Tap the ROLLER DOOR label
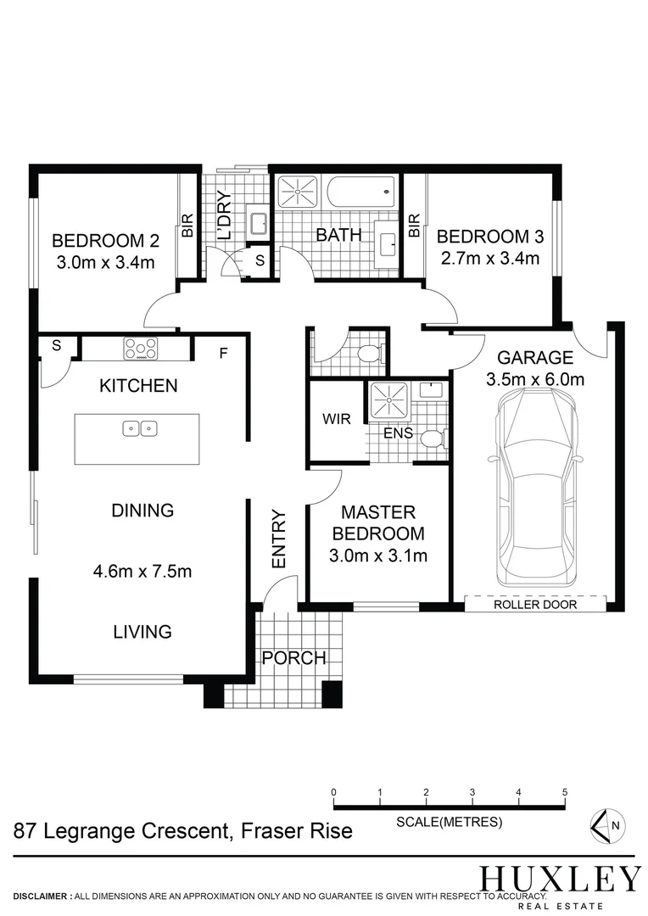click(537, 605)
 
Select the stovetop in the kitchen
click(141, 348)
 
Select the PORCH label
click(293, 657)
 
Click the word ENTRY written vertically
click(279, 539)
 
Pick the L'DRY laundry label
click(224, 216)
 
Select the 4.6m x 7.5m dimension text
click(142, 571)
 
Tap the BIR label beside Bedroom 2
click(187, 225)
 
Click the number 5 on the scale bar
click(564, 791)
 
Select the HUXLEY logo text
click(560, 878)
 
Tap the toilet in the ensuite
click(431, 439)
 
